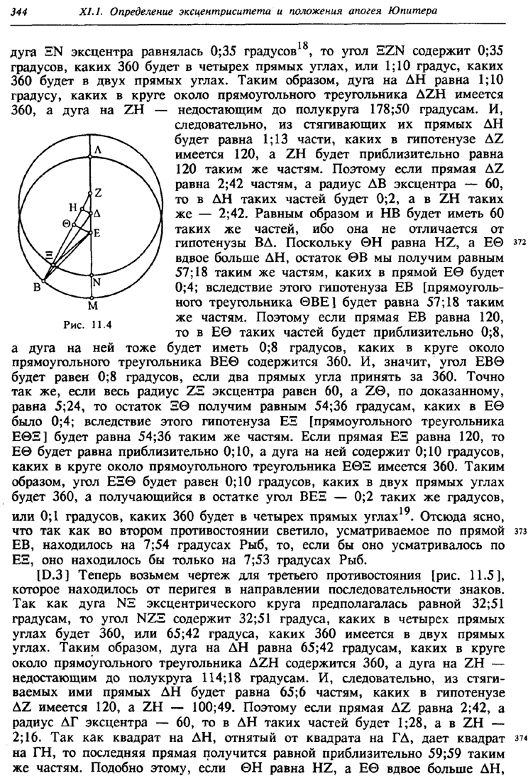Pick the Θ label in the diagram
tap(65, 223)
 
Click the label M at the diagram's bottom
tap(91, 307)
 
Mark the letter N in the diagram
tap(98, 280)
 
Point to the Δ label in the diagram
tap(98, 213)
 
